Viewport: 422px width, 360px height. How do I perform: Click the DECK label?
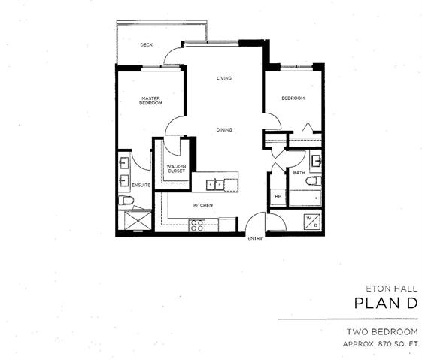point(147,45)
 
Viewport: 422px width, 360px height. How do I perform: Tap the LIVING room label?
point(224,78)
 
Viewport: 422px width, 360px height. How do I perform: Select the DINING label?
point(224,130)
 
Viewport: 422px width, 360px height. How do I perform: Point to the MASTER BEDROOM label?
point(150,101)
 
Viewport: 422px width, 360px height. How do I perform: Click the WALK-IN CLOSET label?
point(176,168)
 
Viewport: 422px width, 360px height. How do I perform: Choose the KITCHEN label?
point(203,205)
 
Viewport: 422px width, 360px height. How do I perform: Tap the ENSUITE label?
point(141,185)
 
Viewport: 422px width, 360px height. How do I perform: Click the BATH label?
point(299,173)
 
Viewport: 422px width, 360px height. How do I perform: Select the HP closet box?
point(278,198)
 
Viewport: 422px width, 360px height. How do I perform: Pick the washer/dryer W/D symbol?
point(312,222)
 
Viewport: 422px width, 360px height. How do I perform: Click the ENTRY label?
point(255,238)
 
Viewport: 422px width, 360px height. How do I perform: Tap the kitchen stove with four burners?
point(197,225)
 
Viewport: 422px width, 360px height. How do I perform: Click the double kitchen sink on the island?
point(215,185)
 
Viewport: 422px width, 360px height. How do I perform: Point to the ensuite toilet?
point(126,201)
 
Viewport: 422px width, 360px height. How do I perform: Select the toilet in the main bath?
point(314,181)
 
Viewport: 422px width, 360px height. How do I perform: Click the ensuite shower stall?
point(138,220)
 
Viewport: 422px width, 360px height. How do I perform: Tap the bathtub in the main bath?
point(305,198)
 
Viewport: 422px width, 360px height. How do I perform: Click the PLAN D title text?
point(386,304)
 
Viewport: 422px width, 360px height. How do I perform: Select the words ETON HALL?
point(392,289)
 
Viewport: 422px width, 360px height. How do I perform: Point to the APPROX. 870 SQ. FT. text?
point(381,344)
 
